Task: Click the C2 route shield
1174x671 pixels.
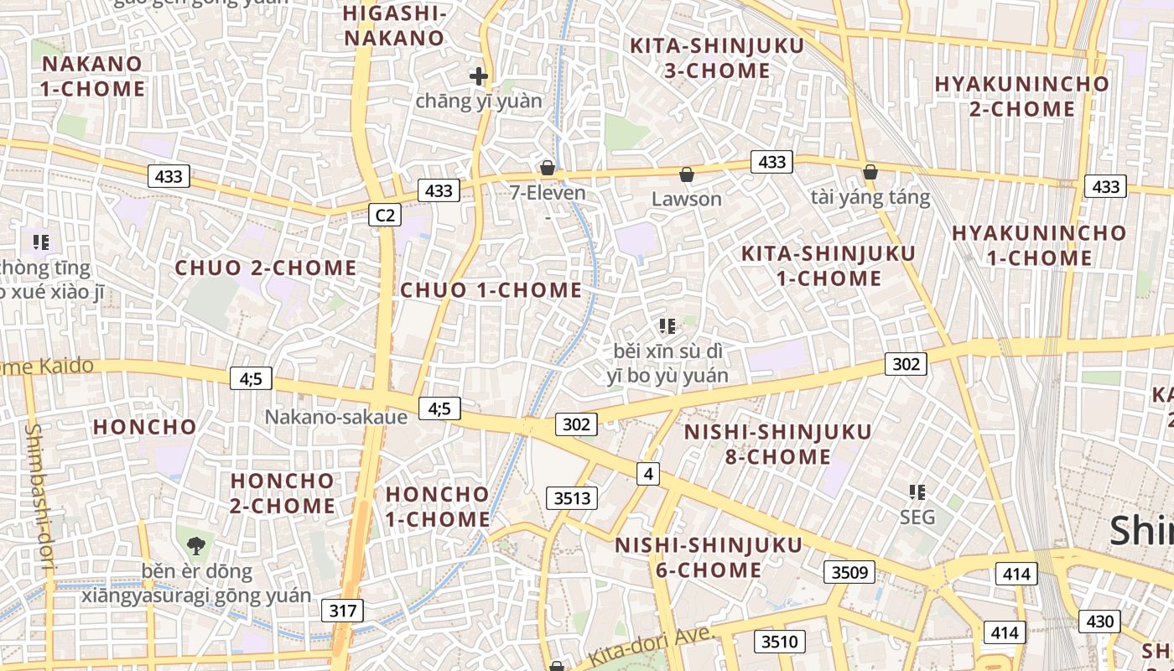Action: [x=384, y=216]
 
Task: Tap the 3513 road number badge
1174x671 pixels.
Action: [x=573, y=498]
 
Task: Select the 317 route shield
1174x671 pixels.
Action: [x=343, y=611]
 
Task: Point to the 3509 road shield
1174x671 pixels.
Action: [x=849, y=573]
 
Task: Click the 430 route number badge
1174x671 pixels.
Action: [x=1099, y=622]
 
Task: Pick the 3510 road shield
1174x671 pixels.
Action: [x=779, y=642]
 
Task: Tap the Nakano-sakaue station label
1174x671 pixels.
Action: [x=335, y=417]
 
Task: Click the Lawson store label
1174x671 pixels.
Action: [x=687, y=199]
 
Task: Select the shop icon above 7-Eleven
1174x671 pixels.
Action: [x=548, y=169]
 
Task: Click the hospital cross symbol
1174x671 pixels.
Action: [x=479, y=77]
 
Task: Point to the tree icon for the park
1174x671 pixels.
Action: [x=196, y=546]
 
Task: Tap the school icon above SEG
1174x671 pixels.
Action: [x=917, y=492]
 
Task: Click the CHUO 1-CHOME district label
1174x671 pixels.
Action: [x=491, y=290]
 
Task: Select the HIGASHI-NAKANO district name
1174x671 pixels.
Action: [x=394, y=26]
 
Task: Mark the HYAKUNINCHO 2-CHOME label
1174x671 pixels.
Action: [x=1021, y=96]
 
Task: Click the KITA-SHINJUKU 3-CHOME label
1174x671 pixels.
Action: [x=717, y=58]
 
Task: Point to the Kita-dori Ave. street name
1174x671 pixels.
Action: [x=651, y=646]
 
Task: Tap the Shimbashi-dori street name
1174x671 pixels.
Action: [x=39, y=499]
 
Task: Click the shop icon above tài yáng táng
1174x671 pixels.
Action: [x=870, y=173]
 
